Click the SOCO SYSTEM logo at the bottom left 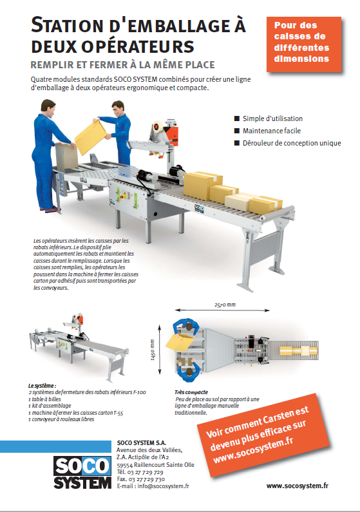point(82,473)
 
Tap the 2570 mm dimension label point(225,305)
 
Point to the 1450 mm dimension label point(152,350)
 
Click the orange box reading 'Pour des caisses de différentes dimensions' point(304,44)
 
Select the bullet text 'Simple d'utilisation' point(272,119)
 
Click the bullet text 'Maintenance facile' point(272,131)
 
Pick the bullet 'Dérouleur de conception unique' point(292,143)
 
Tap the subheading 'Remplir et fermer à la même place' point(123,64)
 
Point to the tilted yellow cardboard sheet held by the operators point(91,137)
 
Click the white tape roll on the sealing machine point(158,129)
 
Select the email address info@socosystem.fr point(163,486)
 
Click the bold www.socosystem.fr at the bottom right point(298,486)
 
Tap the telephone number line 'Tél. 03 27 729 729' point(140,472)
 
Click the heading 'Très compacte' point(191,392)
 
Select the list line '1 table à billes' point(44,399)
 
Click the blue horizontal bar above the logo point(55,446)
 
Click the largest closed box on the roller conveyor point(202,184)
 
